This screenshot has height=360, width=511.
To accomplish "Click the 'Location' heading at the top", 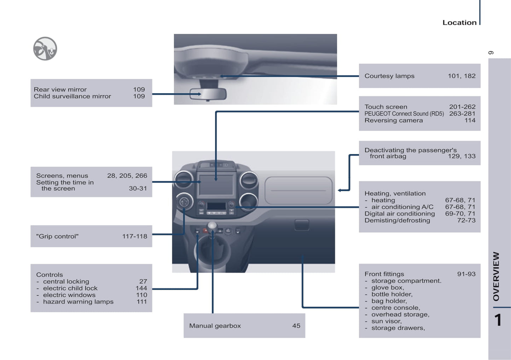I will point(459,23).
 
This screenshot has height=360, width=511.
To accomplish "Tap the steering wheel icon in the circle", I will point(45,49).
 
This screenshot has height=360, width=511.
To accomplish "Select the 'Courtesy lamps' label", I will point(389,76).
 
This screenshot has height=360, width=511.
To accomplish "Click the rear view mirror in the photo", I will point(208,94).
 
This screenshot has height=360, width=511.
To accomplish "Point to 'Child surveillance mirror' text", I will point(72,96).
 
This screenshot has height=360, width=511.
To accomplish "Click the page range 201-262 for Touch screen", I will point(462,107).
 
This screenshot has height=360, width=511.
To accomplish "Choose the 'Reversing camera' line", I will point(394,120).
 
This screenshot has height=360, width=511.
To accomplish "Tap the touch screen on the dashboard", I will point(216,185).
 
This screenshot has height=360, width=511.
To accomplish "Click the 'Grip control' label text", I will point(57,236).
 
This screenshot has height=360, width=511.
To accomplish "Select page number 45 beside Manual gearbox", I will point(296,326).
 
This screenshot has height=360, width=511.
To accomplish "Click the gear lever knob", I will point(212,226).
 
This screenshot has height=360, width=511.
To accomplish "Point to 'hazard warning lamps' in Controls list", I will point(78,302).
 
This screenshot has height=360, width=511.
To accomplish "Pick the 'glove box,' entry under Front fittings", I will point(388,288).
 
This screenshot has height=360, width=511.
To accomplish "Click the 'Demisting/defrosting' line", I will point(397,220).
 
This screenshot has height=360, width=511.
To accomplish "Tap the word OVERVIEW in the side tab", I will point(496,276).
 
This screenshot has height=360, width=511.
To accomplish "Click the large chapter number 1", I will point(498,320).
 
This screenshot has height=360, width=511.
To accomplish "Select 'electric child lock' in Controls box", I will point(70,288).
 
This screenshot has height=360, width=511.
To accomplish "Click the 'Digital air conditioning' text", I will point(400,214).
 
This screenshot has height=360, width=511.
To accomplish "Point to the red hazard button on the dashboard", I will point(205,231).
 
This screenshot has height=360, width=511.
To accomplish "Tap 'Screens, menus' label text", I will point(62,176).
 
